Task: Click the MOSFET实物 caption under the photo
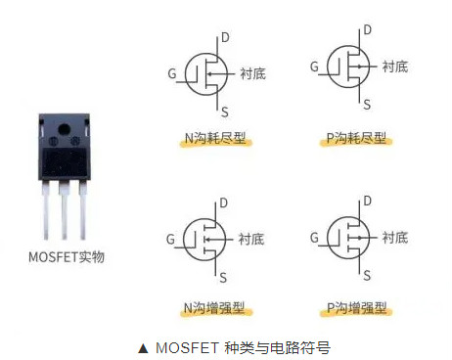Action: pos(67,257)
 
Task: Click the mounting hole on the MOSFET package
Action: pos(66,130)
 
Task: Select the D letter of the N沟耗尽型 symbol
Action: pos(225,37)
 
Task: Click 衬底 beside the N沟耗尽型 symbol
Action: pos(252,73)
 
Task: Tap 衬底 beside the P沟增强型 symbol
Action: pos(395,237)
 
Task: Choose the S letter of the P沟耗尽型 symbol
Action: pos(368,103)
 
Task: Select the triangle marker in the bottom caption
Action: pos(143,345)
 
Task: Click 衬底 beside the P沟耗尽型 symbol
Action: pos(395,67)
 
